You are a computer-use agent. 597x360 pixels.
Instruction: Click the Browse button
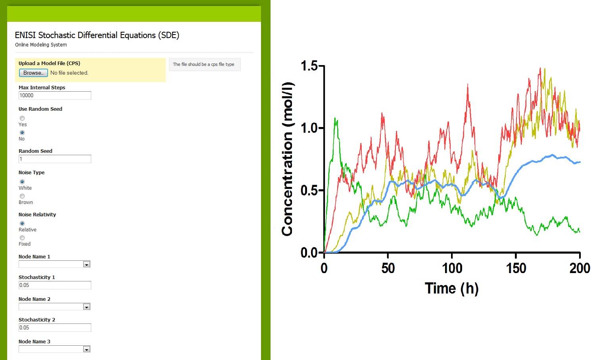click(x=33, y=73)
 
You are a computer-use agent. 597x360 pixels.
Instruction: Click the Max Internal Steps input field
click(x=55, y=96)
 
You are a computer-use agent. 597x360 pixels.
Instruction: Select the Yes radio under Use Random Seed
click(x=22, y=118)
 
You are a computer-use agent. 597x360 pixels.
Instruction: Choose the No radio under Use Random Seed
click(x=22, y=133)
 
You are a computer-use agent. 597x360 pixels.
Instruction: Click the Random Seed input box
click(x=55, y=159)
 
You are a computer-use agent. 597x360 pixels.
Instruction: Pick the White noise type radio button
click(x=22, y=182)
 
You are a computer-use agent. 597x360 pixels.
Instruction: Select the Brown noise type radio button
click(x=22, y=196)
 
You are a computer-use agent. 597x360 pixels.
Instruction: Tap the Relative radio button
click(x=22, y=223)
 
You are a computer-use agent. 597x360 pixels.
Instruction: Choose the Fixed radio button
click(x=22, y=238)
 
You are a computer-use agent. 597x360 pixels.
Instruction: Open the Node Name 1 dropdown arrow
click(x=86, y=264)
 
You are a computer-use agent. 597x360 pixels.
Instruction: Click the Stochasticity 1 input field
click(x=55, y=285)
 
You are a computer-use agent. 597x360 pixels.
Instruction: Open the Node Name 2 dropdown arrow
click(x=86, y=307)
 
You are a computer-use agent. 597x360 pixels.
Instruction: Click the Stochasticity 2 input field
click(x=55, y=328)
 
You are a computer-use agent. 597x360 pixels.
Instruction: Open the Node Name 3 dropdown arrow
click(x=86, y=349)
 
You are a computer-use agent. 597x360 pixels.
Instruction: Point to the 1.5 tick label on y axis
click(x=309, y=65)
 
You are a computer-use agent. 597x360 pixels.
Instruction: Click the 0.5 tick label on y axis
click(x=309, y=191)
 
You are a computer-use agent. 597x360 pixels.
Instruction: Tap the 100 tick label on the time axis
click(x=452, y=268)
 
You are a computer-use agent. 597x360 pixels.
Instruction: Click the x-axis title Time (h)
click(x=452, y=289)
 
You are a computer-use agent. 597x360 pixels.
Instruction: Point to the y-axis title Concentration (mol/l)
click(x=288, y=159)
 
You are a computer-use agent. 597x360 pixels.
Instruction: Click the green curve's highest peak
click(x=335, y=118)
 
